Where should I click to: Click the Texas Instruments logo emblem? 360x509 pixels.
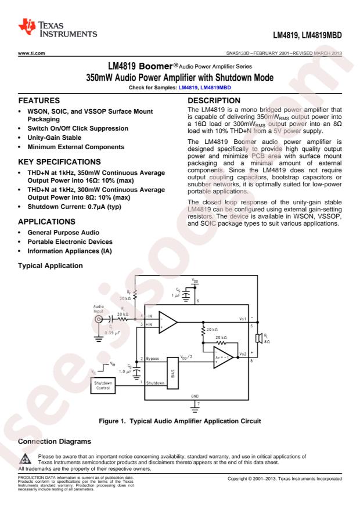point(27,27)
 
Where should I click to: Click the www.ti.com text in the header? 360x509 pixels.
point(31,53)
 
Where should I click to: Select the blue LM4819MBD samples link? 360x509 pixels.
point(215,87)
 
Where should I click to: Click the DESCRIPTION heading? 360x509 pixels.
point(214,100)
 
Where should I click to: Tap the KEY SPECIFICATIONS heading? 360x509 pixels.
point(59,162)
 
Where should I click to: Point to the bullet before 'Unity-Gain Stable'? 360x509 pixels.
point(20,138)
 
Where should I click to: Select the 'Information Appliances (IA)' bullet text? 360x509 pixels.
point(70,251)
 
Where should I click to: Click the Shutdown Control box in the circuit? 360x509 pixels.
point(103,385)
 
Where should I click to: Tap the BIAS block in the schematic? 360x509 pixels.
point(172,373)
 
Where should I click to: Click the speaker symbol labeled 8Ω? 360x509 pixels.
point(259,338)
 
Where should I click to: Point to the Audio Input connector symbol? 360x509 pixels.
point(99,319)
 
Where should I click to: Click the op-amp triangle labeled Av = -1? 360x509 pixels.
point(223,358)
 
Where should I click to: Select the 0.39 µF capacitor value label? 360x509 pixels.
point(112,333)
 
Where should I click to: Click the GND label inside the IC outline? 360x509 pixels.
point(195,396)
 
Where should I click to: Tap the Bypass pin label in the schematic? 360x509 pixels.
point(152,359)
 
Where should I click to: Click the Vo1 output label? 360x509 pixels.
point(243,319)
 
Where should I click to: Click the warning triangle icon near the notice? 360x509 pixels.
point(26,459)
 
